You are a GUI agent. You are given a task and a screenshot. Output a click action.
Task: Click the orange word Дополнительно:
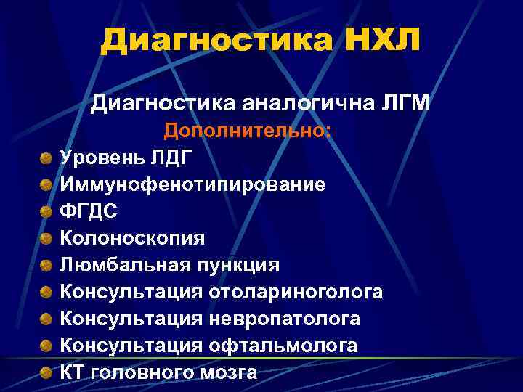[x=247, y=132]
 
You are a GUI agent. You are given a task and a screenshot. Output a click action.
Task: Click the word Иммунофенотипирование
[x=192, y=184]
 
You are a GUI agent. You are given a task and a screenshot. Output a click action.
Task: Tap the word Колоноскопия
[x=132, y=238]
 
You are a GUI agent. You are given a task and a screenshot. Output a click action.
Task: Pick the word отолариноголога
[x=296, y=293]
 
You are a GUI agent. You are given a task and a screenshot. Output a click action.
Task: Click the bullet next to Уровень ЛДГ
[x=46, y=157]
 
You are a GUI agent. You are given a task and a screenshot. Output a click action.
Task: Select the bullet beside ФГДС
[x=46, y=211]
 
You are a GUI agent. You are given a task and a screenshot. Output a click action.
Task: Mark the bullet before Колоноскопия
[x=46, y=238]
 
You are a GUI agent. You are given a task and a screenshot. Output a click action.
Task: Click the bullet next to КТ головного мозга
[x=46, y=373]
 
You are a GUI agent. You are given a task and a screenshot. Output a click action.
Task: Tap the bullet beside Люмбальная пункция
[x=46, y=266]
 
